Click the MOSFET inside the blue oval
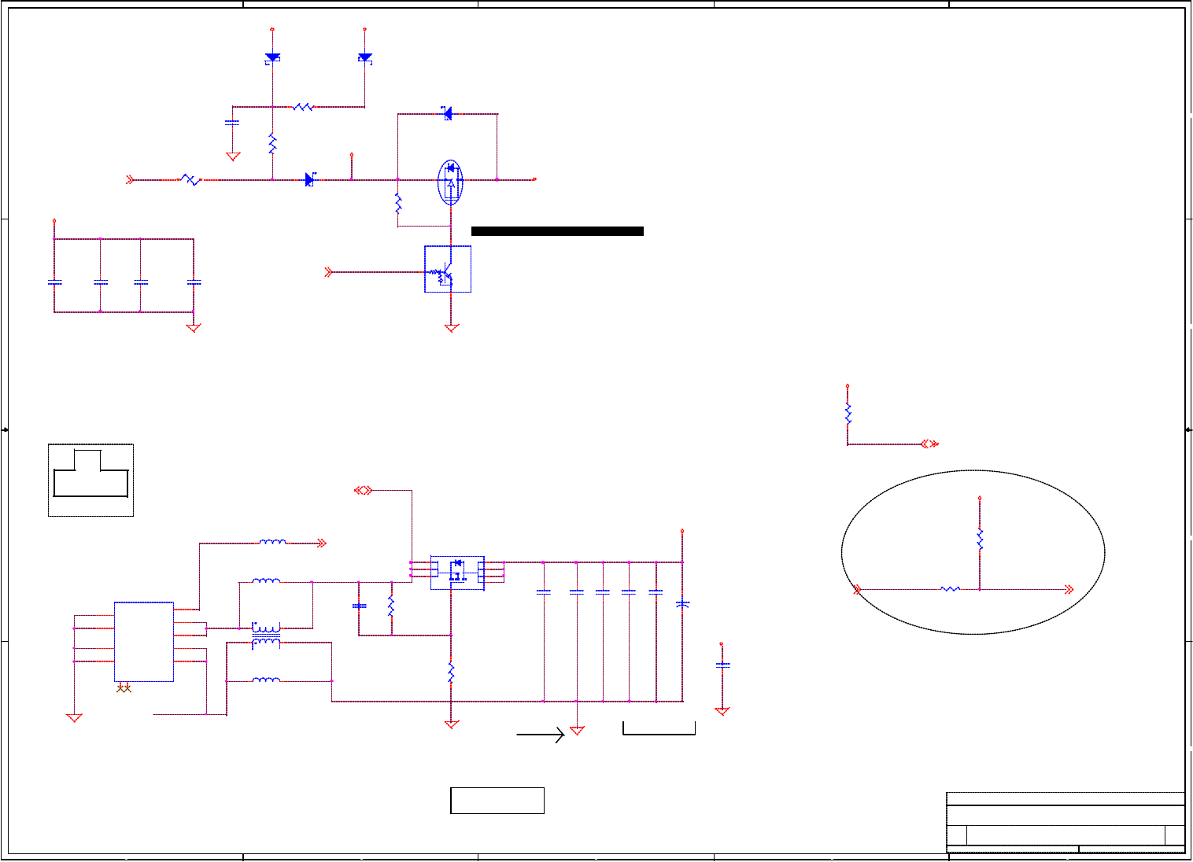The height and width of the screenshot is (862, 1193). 450,180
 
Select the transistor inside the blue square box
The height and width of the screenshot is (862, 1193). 445,274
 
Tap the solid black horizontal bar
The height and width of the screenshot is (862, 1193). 557,231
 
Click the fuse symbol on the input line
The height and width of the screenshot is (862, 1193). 190,180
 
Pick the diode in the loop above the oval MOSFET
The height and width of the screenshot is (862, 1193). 447,113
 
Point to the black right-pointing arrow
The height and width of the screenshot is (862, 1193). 541,735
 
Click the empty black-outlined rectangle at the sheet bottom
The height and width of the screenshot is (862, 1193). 497,800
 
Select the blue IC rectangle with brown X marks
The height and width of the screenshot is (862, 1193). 144,641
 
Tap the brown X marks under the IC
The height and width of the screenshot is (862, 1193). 124,689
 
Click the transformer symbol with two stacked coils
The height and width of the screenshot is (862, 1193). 266,635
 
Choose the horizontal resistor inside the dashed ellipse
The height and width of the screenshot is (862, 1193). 950,589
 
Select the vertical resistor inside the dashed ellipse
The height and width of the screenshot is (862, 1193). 980,540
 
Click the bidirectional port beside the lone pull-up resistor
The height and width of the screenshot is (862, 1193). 929,444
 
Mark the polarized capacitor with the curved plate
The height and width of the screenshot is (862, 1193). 682,604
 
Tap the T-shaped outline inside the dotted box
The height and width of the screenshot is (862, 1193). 90,473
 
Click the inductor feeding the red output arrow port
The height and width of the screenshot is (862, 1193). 273,543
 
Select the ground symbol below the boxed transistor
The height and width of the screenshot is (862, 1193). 452,328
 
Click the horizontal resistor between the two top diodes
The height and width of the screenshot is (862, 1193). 304,107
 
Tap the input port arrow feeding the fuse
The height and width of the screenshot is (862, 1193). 131,180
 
